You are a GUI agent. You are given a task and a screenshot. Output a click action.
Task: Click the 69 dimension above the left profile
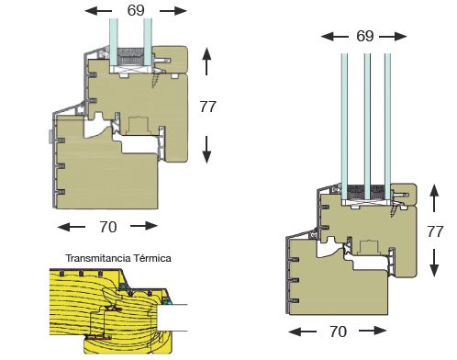(x=136, y=11)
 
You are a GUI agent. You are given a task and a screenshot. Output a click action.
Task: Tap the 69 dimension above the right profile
(x=365, y=36)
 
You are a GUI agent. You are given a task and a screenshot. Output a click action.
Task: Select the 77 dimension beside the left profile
(x=208, y=107)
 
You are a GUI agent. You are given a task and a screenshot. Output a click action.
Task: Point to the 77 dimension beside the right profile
(x=435, y=231)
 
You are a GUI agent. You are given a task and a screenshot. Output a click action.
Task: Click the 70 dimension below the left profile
(x=108, y=227)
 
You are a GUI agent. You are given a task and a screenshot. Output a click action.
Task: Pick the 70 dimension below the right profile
(x=338, y=332)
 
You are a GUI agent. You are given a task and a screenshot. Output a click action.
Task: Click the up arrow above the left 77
(x=206, y=62)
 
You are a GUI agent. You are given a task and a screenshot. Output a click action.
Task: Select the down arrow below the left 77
(x=206, y=150)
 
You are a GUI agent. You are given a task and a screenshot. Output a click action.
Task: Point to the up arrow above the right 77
(x=434, y=198)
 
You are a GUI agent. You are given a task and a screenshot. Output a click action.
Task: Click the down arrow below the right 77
(x=434, y=263)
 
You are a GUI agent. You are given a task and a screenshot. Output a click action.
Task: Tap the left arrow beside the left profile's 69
(x=98, y=11)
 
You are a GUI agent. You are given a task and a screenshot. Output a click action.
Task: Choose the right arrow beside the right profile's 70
(x=373, y=331)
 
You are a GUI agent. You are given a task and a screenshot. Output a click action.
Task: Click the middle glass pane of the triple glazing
(x=367, y=126)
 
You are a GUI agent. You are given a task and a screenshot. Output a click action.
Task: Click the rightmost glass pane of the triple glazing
(x=387, y=126)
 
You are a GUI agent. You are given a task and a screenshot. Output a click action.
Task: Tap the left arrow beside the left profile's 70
(x=72, y=227)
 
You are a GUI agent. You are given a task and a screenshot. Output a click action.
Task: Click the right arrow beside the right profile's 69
(x=393, y=37)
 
